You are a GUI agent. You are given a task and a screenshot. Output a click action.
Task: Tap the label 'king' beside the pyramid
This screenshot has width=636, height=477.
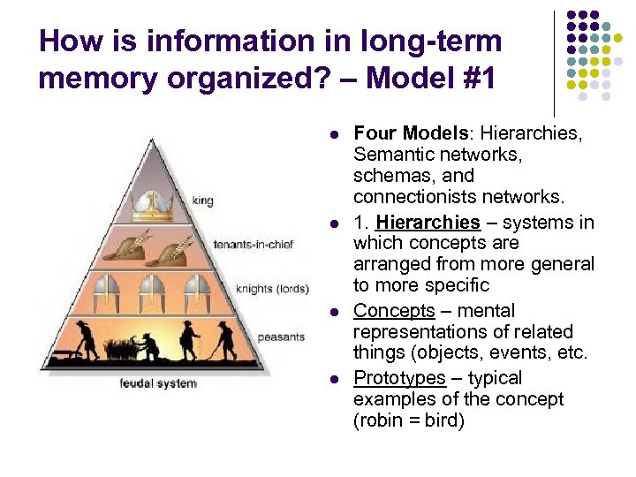[x=202, y=201]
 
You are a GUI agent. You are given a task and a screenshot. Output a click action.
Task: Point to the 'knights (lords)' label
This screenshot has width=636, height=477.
[x=271, y=288]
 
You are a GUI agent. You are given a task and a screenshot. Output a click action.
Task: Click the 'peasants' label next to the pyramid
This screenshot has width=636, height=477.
[x=280, y=337]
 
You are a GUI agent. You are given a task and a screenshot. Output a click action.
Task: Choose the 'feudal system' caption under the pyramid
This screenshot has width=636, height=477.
[x=158, y=383]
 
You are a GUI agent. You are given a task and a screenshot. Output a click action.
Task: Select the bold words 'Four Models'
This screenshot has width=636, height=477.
[x=411, y=133]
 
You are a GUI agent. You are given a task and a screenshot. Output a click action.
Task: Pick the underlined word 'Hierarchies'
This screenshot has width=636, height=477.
[x=428, y=222]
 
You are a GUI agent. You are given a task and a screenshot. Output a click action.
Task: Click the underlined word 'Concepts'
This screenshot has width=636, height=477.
[x=394, y=311]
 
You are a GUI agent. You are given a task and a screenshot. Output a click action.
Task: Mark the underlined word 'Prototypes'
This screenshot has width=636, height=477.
[x=400, y=378]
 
